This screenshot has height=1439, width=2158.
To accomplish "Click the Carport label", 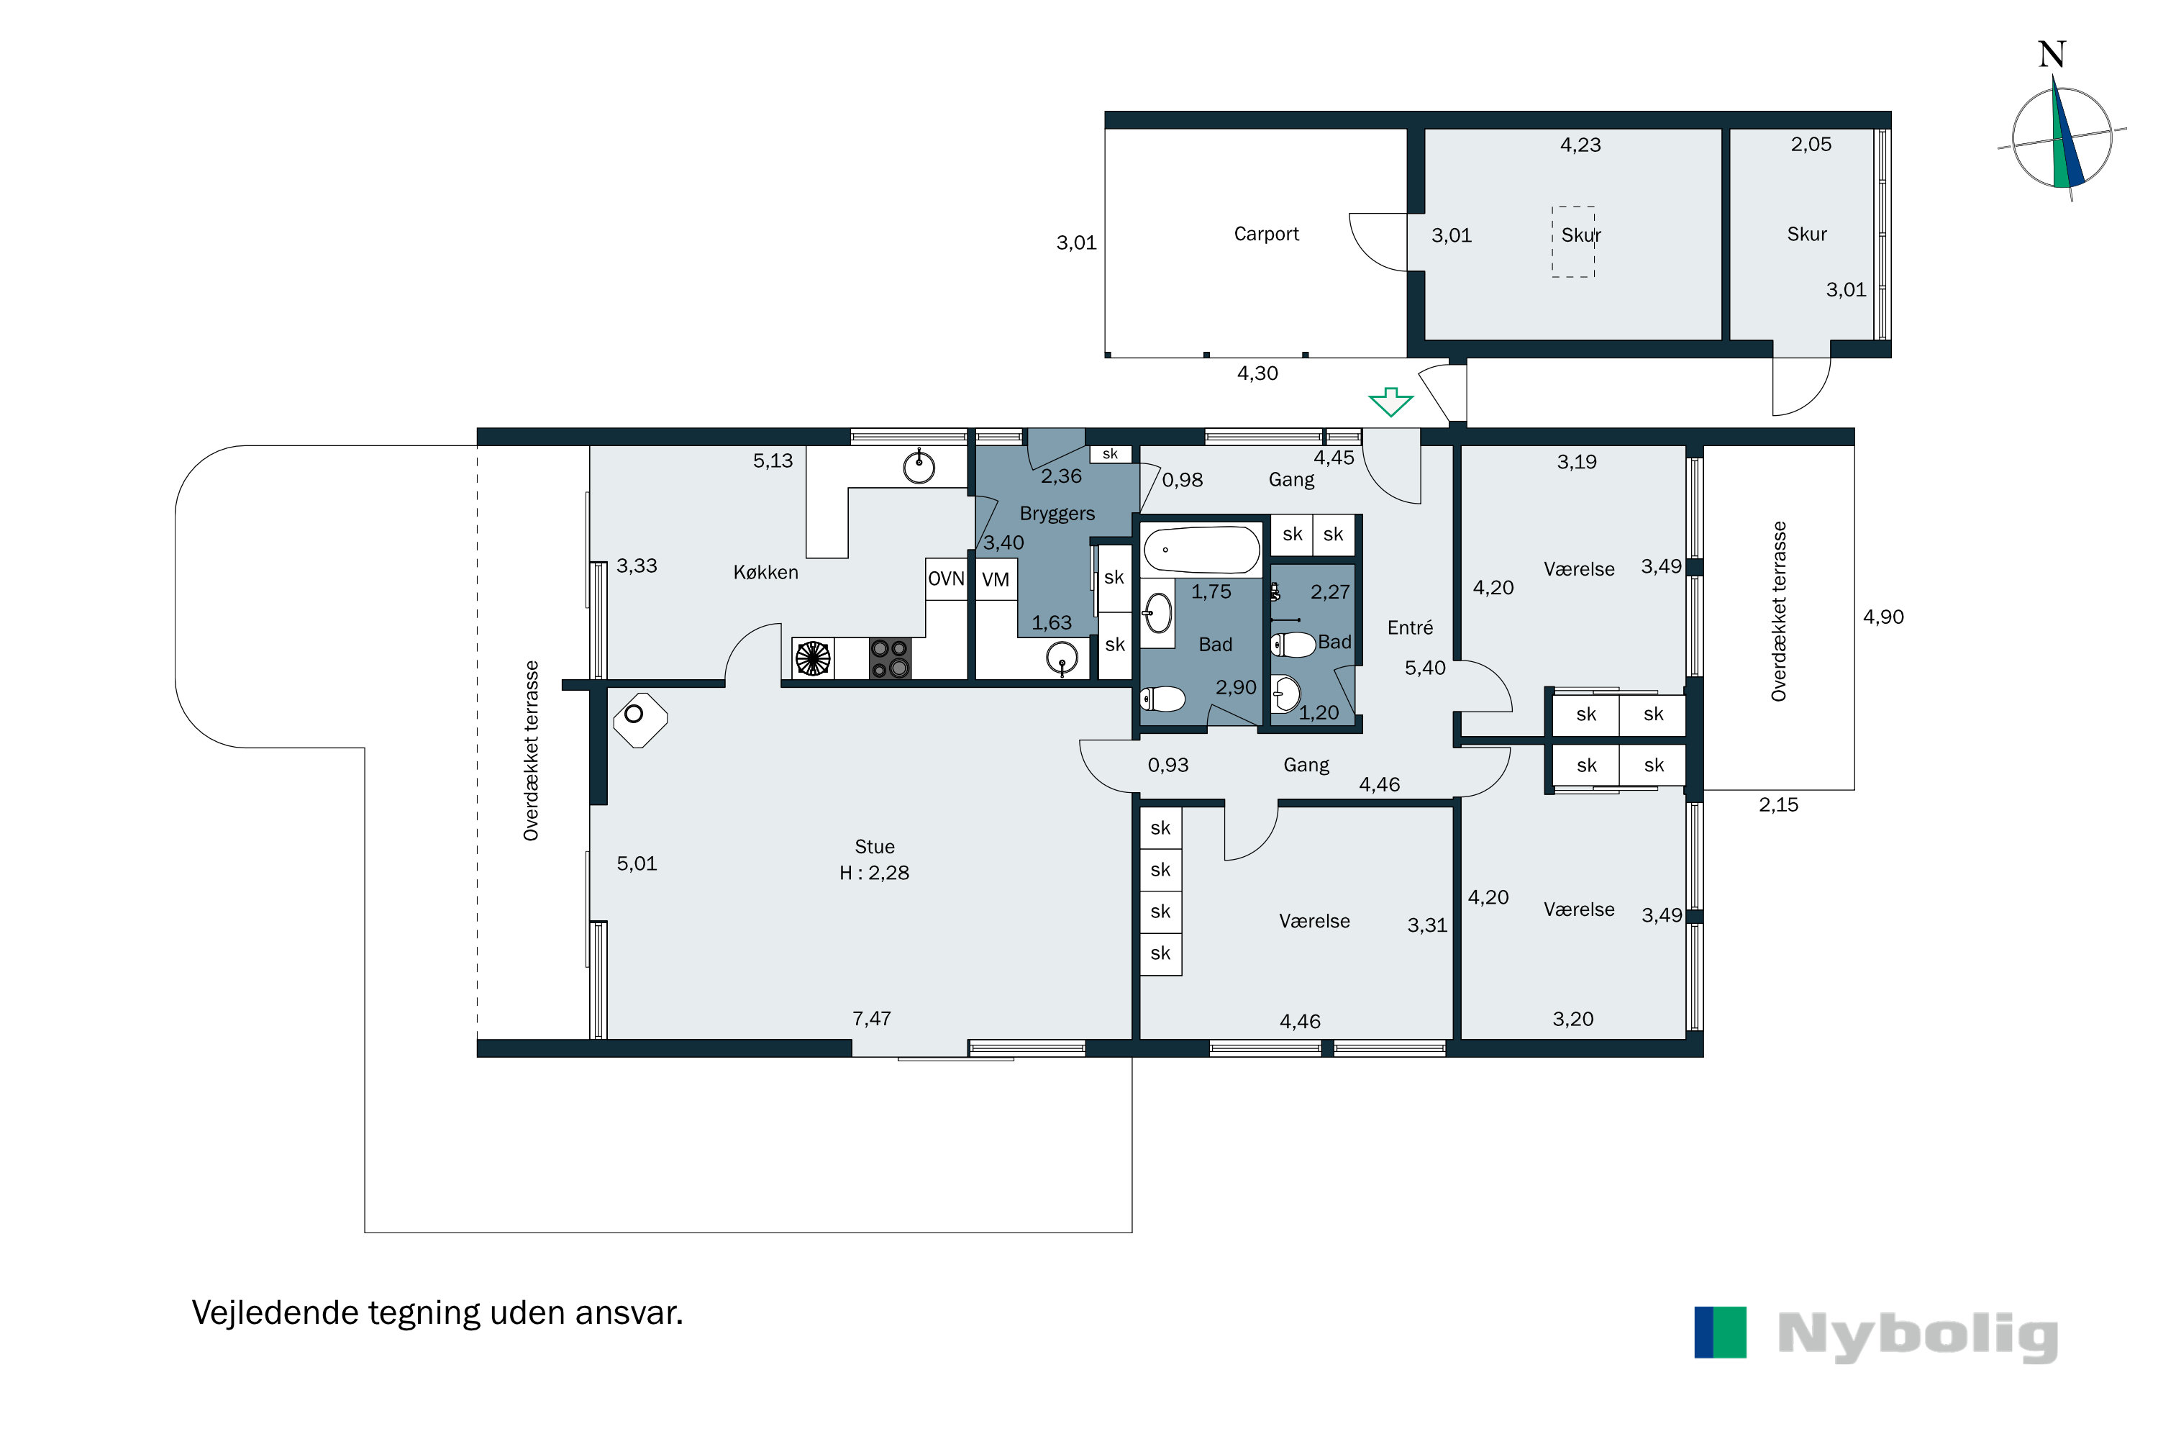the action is (x=1266, y=234).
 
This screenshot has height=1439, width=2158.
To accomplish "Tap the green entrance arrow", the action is (x=1391, y=401).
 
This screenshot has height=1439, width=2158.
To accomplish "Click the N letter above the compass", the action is (x=2052, y=55).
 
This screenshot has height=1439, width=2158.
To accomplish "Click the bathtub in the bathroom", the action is (x=1201, y=550).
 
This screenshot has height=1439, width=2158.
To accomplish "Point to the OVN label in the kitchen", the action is (x=946, y=579).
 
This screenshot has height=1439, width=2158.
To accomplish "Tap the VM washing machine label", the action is (x=996, y=580).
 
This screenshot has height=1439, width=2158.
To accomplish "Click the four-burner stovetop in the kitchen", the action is (x=890, y=659).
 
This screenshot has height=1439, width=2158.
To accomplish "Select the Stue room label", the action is (x=875, y=847).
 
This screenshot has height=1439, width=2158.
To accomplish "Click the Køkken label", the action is (x=766, y=573).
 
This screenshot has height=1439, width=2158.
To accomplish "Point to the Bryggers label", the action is (x=1057, y=514).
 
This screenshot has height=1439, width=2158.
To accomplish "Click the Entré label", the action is (x=1410, y=627).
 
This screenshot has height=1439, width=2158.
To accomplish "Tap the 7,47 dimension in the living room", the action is (x=872, y=1019).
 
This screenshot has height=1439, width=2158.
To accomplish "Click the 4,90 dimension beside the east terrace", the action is (x=1884, y=617).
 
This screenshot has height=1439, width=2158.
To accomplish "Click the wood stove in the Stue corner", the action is (x=639, y=719).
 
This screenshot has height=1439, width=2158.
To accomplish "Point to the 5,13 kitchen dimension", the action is (x=773, y=460).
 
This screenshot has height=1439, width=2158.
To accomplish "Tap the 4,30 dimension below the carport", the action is (x=1257, y=373).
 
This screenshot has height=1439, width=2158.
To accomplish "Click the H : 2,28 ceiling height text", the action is (x=875, y=873).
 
